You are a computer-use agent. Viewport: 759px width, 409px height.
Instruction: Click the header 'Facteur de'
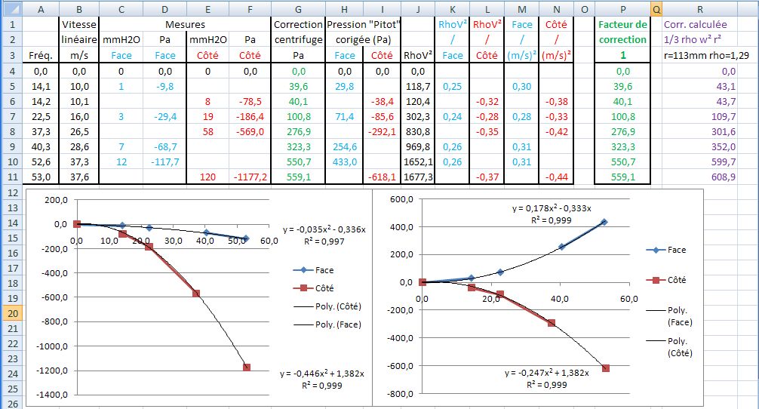(622, 24)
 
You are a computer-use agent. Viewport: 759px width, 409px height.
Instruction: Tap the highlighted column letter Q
(656, 9)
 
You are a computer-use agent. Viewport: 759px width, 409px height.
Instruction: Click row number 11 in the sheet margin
(11, 177)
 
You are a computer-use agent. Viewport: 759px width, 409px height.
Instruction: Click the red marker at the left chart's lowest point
(246, 367)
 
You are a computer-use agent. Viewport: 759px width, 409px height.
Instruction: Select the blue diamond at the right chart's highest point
(604, 222)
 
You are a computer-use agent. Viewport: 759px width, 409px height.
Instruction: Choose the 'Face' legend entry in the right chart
(676, 250)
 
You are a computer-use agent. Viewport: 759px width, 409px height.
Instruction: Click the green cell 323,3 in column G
(298, 146)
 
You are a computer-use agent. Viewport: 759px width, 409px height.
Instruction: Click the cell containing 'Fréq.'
(38, 55)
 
